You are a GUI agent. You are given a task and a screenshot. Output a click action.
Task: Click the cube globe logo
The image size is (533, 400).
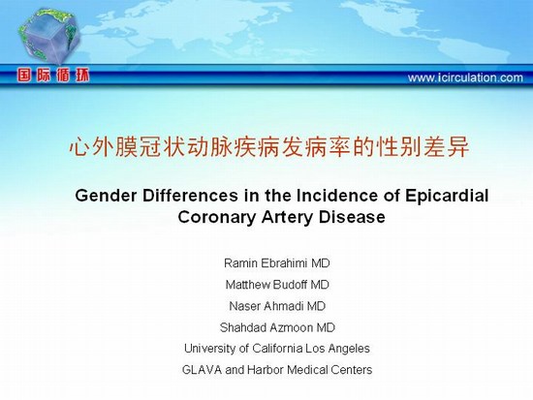(x=49, y=36)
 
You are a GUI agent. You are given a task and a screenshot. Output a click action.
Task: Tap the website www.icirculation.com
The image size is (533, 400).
(x=465, y=77)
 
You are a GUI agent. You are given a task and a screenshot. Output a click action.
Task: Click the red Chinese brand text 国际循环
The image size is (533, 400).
(x=53, y=76)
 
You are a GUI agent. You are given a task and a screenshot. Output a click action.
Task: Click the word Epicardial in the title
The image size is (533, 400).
(x=447, y=196)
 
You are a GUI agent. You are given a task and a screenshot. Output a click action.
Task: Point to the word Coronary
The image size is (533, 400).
(x=216, y=217)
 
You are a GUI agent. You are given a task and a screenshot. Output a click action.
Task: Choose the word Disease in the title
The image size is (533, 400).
(x=352, y=217)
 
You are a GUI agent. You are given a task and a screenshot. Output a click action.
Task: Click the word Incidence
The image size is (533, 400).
(x=336, y=196)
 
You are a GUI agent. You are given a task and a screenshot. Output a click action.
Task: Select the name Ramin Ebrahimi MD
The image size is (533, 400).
(x=277, y=263)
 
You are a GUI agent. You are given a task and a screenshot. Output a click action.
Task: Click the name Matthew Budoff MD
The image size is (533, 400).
(x=277, y=285)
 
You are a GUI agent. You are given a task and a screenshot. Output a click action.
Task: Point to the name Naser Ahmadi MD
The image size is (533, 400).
(x=277, y=306)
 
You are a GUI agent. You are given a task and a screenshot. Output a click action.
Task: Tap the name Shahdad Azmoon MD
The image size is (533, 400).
(x=277, y=327)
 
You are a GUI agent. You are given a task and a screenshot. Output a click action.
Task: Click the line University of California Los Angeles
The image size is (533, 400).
(x=277, y=349)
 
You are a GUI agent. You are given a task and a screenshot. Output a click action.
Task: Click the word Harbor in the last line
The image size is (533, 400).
(x=266, y=369)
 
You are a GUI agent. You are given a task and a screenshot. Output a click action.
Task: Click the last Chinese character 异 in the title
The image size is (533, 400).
(x=458, y=147)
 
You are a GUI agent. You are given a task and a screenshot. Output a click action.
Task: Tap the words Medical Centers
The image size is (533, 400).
(x=329, y=369)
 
